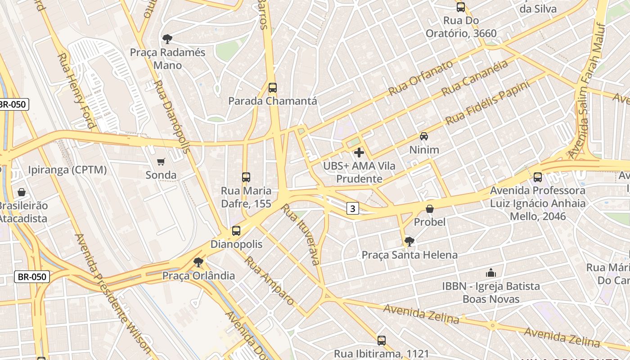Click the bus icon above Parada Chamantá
pos(272,88)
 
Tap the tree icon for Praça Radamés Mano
pos(167,39)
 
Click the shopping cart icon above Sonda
pos(161,162)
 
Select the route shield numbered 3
pos(353,208)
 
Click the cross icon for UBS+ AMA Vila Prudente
pos(359,153)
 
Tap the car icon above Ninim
pos(423,136)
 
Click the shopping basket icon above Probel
pos(430,209)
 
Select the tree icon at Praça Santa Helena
pos(409,242)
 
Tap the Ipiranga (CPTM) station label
pos(67,170)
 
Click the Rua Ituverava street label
pos(301,234)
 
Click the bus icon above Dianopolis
pos(236,231)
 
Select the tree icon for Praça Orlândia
pos(198,262)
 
